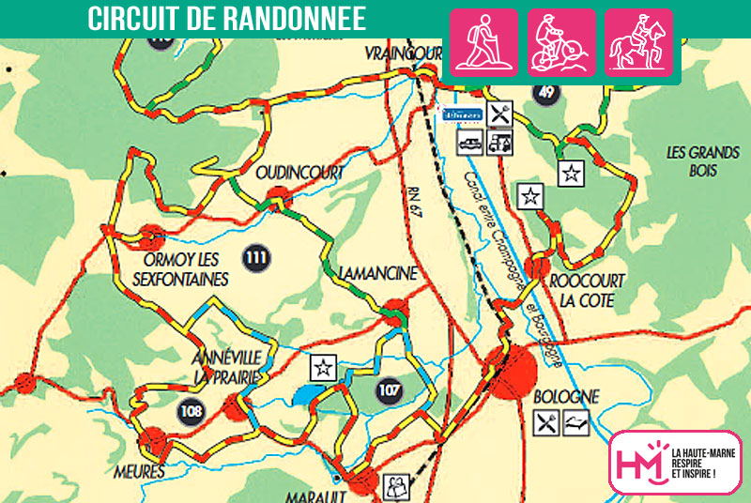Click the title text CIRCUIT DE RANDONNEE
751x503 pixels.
226,20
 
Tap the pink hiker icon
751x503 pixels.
484,42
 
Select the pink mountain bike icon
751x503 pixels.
561,42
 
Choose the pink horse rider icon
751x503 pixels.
638,42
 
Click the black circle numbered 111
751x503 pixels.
253,256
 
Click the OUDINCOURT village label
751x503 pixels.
300,174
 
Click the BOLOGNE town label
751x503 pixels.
565,397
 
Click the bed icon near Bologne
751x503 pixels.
575,423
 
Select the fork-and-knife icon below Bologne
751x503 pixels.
545,423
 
